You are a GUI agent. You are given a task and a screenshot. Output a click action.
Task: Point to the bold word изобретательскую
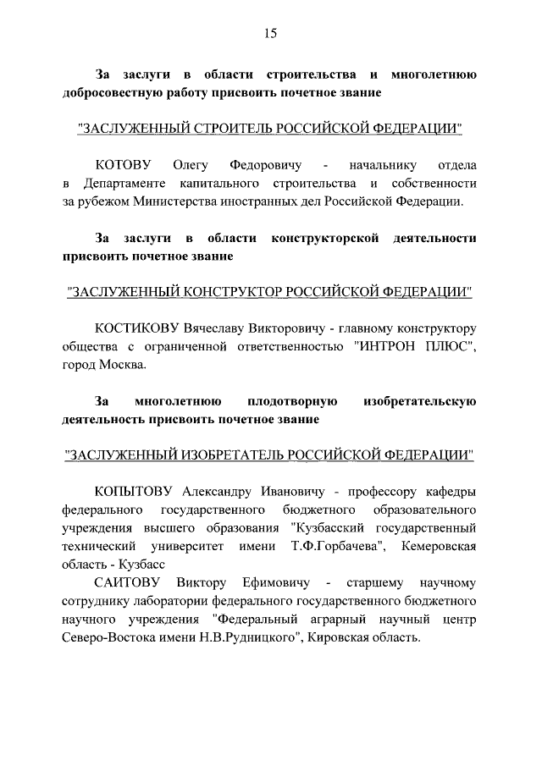(418, 400)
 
